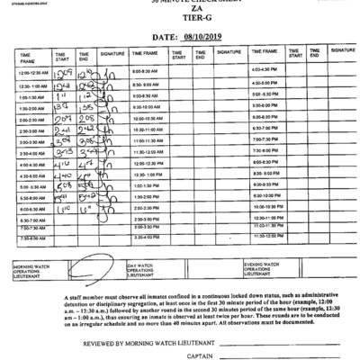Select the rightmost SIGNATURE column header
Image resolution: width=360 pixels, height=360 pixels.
coord(341,51)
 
